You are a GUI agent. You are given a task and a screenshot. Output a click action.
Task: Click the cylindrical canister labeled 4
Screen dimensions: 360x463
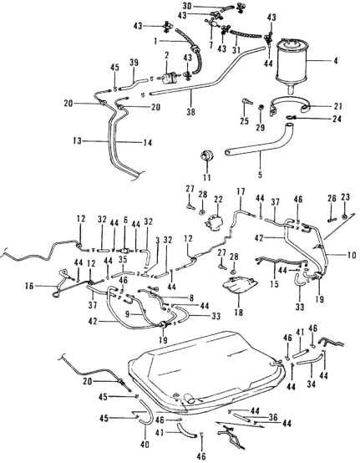292,64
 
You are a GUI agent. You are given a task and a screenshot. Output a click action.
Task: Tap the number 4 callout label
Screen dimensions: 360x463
336,61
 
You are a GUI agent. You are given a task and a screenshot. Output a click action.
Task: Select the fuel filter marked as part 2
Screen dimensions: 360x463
167,78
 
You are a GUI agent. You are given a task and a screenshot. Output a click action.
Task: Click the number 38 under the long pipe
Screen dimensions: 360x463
191,112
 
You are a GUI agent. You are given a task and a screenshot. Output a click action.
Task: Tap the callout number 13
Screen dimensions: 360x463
77,141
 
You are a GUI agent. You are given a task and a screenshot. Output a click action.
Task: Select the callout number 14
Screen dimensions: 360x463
148,143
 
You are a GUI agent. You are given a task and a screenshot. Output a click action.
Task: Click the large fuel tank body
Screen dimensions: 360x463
206,370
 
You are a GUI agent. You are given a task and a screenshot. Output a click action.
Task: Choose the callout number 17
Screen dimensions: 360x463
241,191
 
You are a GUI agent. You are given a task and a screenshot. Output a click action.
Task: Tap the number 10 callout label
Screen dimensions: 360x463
352,255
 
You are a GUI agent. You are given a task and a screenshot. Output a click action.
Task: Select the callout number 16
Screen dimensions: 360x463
30,286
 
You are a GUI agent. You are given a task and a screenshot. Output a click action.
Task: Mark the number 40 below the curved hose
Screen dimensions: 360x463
145,444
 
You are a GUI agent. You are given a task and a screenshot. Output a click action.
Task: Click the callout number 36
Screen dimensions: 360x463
273,417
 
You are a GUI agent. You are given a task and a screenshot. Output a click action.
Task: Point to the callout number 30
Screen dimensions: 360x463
187,6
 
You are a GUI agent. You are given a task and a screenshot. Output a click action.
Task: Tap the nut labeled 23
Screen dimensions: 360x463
344,217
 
